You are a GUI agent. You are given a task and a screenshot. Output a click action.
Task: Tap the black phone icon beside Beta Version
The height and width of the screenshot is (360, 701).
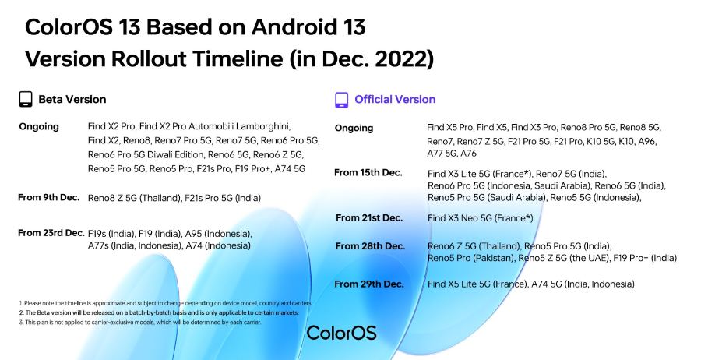26,100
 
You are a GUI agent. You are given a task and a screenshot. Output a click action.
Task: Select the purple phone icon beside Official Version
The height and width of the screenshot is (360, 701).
341,100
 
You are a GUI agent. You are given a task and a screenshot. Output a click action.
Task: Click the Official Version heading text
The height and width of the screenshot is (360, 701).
395,100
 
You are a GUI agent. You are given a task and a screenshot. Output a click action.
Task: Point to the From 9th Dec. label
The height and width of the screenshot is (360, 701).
49,198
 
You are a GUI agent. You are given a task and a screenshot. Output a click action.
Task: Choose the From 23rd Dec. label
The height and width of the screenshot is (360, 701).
51,233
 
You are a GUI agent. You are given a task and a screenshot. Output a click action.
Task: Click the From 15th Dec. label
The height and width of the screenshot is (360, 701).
368,172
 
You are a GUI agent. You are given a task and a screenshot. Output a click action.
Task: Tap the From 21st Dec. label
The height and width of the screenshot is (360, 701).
369,217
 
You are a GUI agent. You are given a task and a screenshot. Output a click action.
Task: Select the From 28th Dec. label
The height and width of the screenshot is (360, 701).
370,246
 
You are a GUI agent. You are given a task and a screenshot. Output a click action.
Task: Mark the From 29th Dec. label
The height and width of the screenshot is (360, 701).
370,284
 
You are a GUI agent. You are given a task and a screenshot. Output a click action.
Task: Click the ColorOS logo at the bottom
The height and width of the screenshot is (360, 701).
341,333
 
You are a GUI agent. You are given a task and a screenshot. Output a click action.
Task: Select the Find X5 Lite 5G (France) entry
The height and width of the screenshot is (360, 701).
477,284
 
